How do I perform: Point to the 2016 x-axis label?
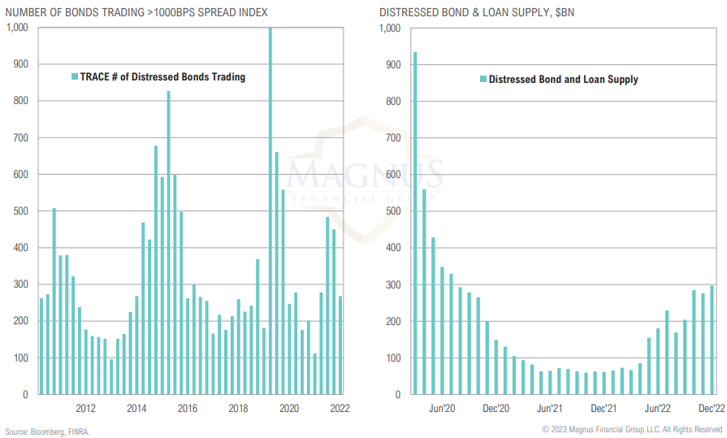[x=187, y=409]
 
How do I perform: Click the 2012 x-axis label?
[x=86, y=409]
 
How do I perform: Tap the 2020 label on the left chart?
[x=288, y=409]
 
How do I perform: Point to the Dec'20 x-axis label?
[x=495, y=409]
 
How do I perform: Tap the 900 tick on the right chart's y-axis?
[x=391, y=64]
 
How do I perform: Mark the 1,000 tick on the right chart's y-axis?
[x=389, y=28]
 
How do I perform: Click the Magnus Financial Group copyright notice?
[x=632, y=429]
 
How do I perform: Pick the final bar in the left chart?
[x=340, y=345]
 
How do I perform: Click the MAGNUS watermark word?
[x=366, y=174]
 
